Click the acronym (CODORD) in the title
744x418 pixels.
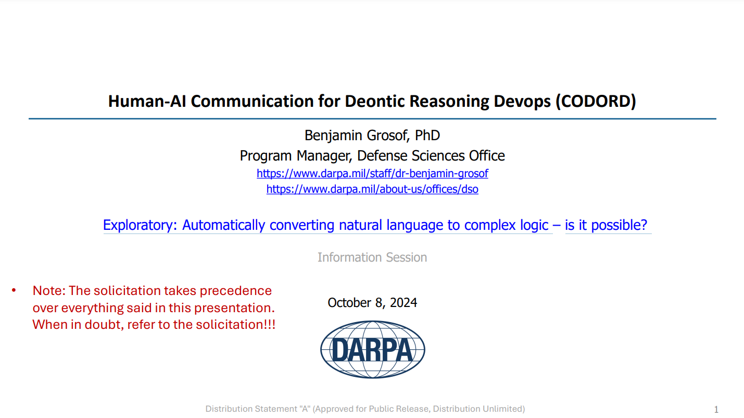596,101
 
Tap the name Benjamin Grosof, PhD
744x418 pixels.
372,136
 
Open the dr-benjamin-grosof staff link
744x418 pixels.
372,173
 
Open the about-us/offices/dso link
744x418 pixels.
372,189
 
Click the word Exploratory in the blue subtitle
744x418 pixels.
140,225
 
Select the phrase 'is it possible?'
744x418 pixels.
606,225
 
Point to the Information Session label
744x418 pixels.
372,257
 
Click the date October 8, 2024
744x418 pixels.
372,303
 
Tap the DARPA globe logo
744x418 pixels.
372,349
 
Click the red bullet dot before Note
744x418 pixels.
14,290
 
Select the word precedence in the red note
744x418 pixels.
235,291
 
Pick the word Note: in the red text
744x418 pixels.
49,291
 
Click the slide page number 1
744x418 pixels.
716,409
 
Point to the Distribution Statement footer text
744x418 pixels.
365,409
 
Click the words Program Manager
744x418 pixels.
296,156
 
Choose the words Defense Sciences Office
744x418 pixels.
431,156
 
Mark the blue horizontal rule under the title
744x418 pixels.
372,119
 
